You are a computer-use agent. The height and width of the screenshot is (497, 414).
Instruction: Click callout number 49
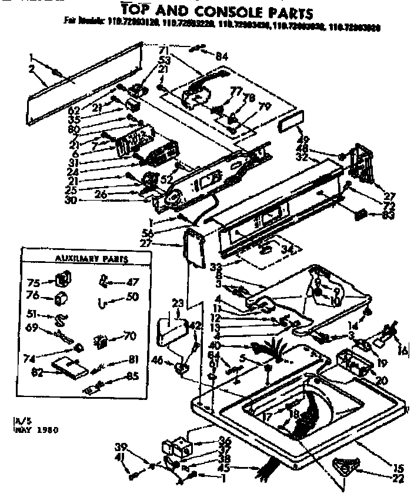[304, 140]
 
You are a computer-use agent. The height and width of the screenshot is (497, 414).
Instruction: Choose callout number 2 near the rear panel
[30, 69]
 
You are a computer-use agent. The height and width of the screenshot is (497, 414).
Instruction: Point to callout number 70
[129, 337]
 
